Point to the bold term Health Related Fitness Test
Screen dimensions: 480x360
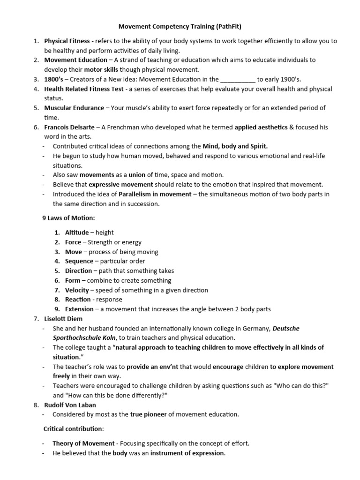tap(84, 89)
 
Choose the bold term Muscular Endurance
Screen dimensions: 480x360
tap(74, 108)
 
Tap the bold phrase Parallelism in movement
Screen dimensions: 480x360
tap(155, 194)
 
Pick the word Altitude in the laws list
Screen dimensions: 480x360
tap(76, 232)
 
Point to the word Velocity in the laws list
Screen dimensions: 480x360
tap(77, 290)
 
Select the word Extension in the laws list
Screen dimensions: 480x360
tap(79, 309)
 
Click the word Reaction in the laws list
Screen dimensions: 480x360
tap(78, 300)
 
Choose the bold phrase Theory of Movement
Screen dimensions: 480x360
tap(83, 443)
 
